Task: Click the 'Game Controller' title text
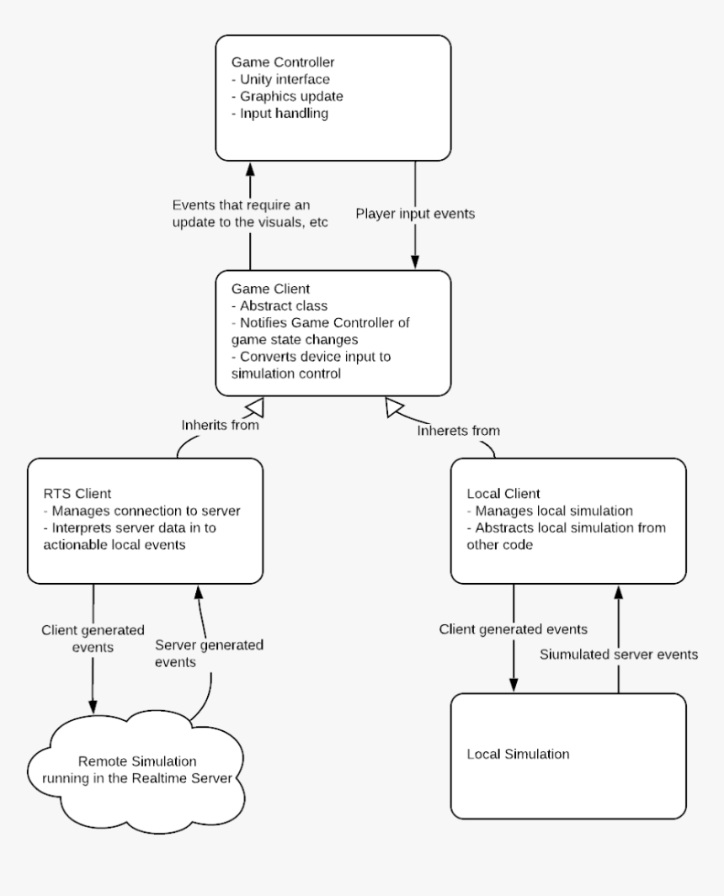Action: pyautogui.click(x=283, y=61)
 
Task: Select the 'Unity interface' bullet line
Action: pyautogui.click(x=280, y=79)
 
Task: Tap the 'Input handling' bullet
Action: pyautogui.click(x=279, y=113)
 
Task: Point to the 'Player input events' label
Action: pyautogui.click(x=415, y=214)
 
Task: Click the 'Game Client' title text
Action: pyautogui.click(x=270, y=289)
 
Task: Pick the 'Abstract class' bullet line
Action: pyautogui.click(x=279, y=305)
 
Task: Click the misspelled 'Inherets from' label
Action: pyautogui.click(x=458, y=430)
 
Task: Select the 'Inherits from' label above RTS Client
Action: pyautogui.click(x=221, y=425)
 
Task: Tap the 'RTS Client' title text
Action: pyautogui.click(x=77, y=493)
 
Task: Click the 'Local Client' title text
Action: pyautogui.click(x=503, y=493)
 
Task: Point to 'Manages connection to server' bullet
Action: pyautogui.click(x=141, y=511)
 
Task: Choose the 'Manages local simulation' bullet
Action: pyautogui.click(x=550, y=511)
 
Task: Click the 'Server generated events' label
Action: pyautogui.click(x=210, y=653)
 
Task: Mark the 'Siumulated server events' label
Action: pyautogui.click(x=619, y=655)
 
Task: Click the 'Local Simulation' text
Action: pyautogui.click(x=518, y=755)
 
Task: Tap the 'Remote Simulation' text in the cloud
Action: pyautogui.click(x=137, y=761)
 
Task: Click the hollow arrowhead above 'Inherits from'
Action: pyautogui.click(x=254, y=407)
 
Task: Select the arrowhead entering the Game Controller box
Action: pyautogui.click(x=250, y=169)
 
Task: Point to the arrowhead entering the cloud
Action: pyautogui.click(x=93, y=706)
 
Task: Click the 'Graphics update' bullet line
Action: pyautogui.click(x=287, y=96)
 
